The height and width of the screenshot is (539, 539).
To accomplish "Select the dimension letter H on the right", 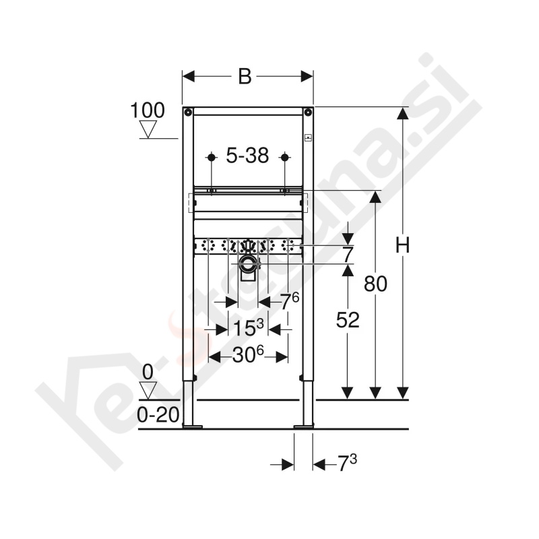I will coord(402,247).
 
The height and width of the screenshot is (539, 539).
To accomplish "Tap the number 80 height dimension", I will coord(375,284).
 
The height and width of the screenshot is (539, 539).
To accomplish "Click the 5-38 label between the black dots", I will coord(247,157).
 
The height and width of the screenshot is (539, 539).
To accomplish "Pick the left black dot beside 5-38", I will coord(211,158).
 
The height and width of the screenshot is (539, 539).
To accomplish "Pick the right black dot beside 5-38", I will coord(284,158).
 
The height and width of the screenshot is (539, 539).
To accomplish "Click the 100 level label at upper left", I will coord(148,110).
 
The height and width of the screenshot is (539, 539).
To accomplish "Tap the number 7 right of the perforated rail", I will coord(348,255).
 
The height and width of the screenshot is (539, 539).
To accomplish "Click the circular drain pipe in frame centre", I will coord(247,263).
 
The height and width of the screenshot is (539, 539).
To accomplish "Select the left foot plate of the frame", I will coord(193,425).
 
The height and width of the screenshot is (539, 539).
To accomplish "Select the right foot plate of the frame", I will coord(304,425).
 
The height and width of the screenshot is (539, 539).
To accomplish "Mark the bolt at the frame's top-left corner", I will coord(188,112).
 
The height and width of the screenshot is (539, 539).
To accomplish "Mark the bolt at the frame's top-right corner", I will coord(307,112).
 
